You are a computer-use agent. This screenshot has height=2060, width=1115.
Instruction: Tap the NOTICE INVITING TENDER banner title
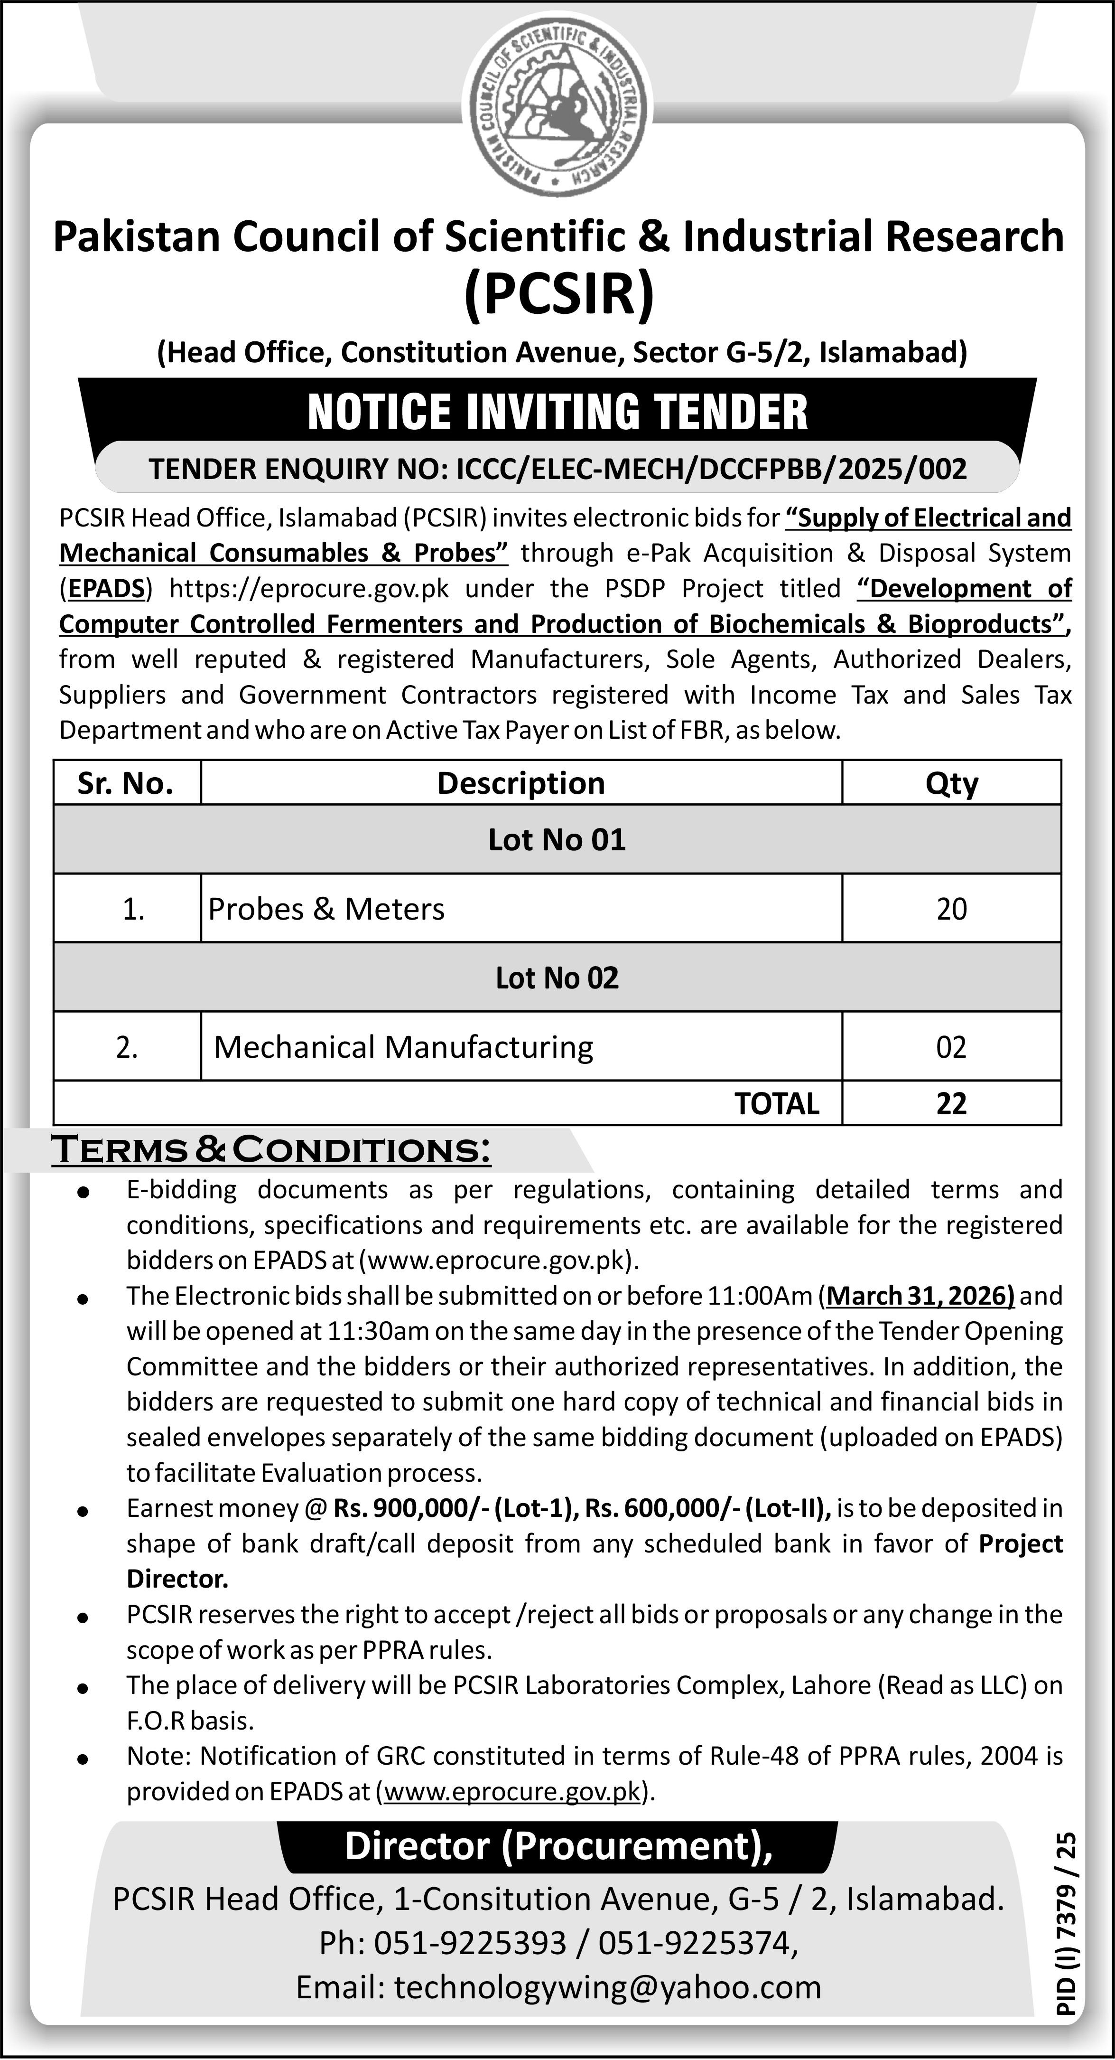click(557, 412)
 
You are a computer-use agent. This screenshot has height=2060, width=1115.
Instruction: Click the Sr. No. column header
click(125, 783)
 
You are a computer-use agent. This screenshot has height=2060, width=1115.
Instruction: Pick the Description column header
click(520, 783)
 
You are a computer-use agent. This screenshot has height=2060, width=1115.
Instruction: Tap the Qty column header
click(951, 783)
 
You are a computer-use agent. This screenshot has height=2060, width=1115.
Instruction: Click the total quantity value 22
click(951, 1103)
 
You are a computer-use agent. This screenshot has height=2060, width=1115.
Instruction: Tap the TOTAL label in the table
click(777, 1103)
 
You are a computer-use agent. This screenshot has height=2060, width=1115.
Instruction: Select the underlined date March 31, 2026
click(921, 1296)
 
